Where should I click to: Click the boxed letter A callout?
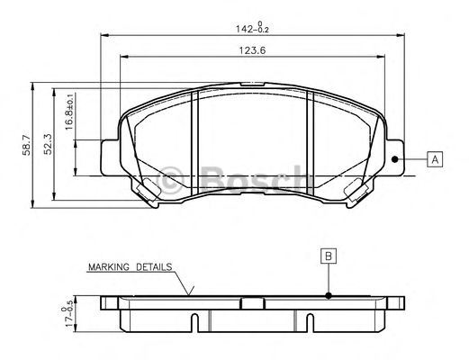point(436,159)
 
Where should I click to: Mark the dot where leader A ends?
point(395,159)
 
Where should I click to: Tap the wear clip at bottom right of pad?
point(356,188)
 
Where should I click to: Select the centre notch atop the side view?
point(252,300)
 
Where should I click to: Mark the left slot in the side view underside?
point(195,319)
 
